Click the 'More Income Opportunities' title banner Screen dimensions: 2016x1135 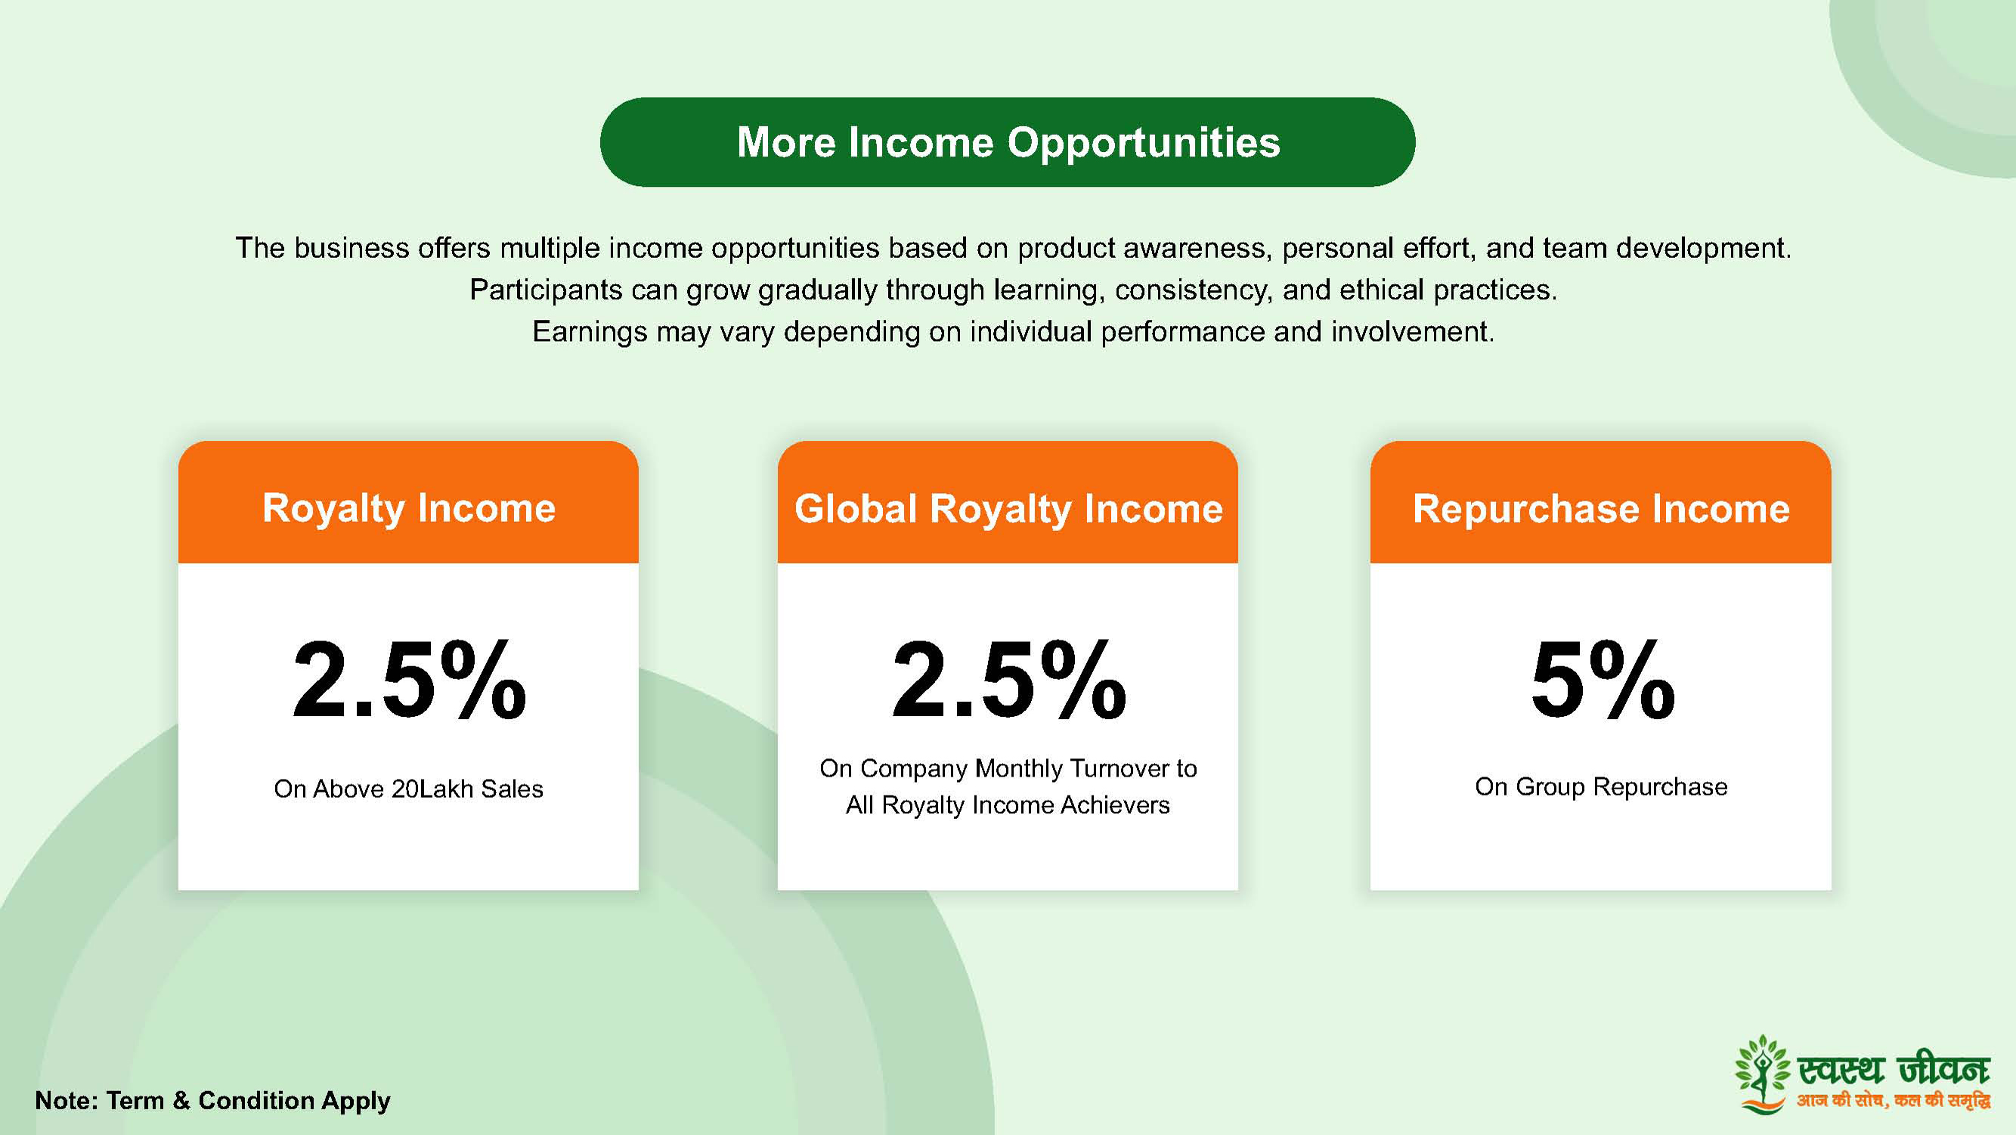click(x=1007, y=141)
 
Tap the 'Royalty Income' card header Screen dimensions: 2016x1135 click(x=408, y=503)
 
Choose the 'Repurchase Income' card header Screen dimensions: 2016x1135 click(x=1600, y=503)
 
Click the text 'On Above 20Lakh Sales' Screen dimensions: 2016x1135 click(x=408, y=788)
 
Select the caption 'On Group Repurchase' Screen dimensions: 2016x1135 click(x=1601, y=786)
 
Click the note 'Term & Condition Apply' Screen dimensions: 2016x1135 click(x=248, y=1100)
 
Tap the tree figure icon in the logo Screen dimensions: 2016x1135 click(x=1762, y=1073)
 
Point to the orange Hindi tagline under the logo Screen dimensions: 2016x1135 click(x=1894, y=1100)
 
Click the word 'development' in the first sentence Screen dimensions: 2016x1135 click(x=1703, y=249)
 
